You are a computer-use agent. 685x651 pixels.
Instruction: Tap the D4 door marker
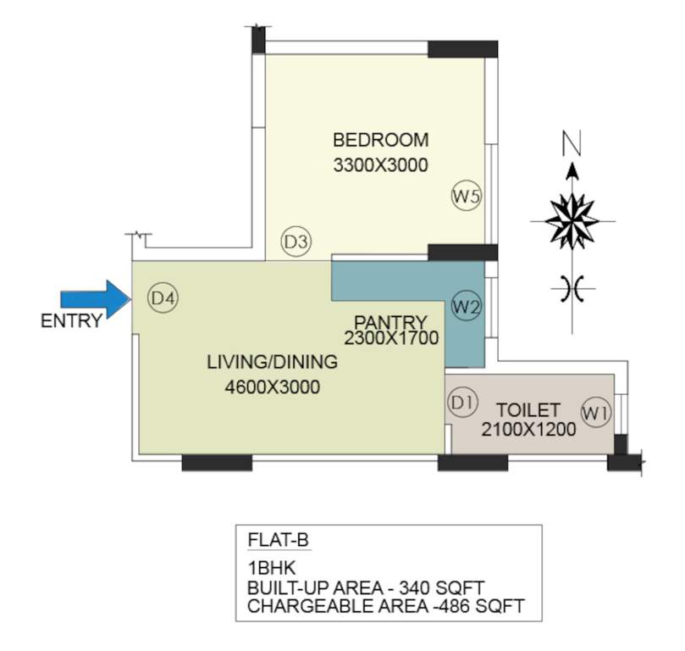pos(162,298)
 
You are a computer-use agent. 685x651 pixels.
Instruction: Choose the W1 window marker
pos(597,413)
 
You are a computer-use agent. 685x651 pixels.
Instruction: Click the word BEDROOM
pos(380,140)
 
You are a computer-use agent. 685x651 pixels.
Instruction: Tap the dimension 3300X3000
pos(380,165)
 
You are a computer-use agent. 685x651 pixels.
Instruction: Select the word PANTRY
pos(390,322)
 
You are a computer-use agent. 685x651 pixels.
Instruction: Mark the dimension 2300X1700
pos(390,338)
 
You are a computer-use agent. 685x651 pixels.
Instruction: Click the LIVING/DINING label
pos(273,363)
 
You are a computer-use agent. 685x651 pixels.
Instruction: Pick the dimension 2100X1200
pos(528,430)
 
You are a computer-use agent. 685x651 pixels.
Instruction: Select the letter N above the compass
pos(573,145)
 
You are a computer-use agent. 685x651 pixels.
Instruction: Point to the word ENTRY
pos(71,321)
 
